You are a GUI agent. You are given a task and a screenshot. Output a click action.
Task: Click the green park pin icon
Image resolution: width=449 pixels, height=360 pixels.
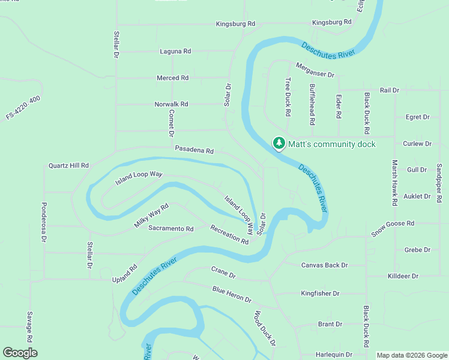[x=279, y=143]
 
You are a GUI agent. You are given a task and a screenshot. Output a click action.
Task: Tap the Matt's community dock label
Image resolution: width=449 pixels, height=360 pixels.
[x=332, y=144]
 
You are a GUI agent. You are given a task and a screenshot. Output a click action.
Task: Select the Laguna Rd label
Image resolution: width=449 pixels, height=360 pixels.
[x=175, y=52]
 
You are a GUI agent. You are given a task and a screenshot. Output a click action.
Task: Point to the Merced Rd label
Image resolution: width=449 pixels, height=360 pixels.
[x=172, y=78]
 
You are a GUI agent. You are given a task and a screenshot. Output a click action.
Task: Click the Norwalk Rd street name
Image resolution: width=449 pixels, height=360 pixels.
[x=171, y=104]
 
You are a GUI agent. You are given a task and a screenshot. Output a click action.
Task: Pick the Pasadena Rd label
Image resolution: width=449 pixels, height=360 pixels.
[x=194, y=150]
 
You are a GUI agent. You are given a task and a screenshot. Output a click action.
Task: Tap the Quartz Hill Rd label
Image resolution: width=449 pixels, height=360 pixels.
[x=68, y=165]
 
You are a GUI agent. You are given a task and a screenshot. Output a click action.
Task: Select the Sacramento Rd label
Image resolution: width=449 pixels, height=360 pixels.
[x=171, y=229]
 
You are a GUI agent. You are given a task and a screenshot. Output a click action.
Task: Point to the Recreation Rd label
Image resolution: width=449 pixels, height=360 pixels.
[x=229, y=234]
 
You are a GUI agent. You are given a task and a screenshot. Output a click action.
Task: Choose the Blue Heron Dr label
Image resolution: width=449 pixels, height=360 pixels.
[x=232, y=294]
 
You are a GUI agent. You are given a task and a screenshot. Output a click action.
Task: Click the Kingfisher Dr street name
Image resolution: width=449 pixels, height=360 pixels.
[x=320, y=293]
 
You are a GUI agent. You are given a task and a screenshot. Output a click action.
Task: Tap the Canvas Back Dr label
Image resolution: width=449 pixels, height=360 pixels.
[x=324, y=265]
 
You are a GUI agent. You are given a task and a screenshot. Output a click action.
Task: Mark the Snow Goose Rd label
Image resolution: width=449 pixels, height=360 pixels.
[x=393, y=228]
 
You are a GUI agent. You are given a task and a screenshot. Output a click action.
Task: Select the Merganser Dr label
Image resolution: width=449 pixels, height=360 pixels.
[x=314, y=70]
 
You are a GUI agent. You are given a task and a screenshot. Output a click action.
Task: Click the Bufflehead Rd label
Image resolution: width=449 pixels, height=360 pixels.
[x=312, y=104]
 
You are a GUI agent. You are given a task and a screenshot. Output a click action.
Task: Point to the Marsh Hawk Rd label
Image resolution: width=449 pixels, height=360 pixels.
[x=395, y=182]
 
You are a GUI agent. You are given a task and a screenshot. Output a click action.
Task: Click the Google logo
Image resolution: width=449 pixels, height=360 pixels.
[x=20, y=353]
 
